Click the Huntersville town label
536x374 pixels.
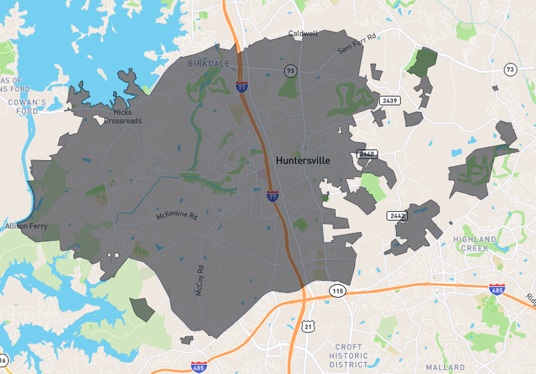pos(303,160)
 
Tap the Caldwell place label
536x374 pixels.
pos(303,34)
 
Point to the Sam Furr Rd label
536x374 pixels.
pos(357,43)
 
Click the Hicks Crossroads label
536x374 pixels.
pos(123,117)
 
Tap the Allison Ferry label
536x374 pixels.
pos(25,225)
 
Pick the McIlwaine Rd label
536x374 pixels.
pos(176,215)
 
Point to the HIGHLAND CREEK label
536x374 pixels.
pos(475,243)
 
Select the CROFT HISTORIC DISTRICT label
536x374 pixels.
pos(348,356)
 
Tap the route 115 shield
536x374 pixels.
pos(338,290)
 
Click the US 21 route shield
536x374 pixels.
pos(307,326)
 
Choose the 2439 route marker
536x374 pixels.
pos(388,100)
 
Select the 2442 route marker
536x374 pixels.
pos(396,215)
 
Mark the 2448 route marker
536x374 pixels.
pos(367,154)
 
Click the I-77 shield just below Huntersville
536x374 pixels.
pos(273,196)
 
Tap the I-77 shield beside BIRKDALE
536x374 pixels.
pos(242,87)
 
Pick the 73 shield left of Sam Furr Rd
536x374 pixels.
pos(289,70)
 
